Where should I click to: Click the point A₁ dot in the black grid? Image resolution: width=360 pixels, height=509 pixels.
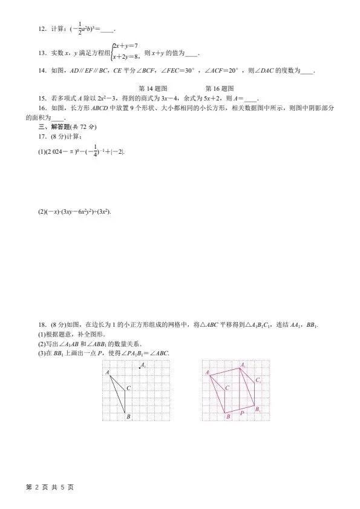coord(140,367)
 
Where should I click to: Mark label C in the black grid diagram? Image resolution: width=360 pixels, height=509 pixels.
coord(129,387)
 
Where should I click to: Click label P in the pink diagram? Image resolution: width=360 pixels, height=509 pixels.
coord(241,413)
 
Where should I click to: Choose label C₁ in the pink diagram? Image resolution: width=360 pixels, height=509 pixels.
coord(258,380)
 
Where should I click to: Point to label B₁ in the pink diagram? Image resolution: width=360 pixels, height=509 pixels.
coord(258,409)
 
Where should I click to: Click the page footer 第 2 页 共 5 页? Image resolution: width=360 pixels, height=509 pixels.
coord(50,487)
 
